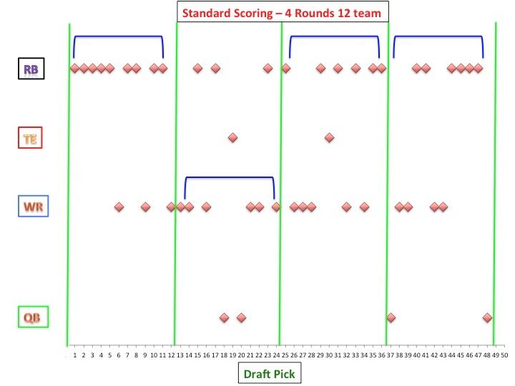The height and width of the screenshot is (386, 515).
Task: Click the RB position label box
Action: click(31, 69)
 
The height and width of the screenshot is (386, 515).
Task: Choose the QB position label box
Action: click(31, 317)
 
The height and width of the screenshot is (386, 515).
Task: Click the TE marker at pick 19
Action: click(232, 137)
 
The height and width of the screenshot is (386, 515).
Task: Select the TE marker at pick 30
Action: click(329, 137)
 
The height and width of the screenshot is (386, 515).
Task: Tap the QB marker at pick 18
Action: click(224, 317)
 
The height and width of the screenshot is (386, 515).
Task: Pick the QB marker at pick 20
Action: click(241, 317)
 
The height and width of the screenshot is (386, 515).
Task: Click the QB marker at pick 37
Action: click(391, 317)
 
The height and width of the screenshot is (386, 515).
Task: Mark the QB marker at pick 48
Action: click(487, 317)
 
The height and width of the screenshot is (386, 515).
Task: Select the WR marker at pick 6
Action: click(119, 207)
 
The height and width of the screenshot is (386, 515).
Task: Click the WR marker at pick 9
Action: click(145, 207)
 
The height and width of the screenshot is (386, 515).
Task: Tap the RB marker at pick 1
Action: click(74, 68)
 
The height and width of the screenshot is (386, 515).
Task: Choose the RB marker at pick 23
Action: click(268, 68)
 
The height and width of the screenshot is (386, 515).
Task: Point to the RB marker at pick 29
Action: click(320, 68)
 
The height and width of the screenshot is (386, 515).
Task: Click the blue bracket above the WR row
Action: click(230, 177)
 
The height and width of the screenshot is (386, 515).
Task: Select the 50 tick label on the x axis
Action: click(504, 354)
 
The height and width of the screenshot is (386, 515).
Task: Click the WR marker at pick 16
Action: click(206, 207)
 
